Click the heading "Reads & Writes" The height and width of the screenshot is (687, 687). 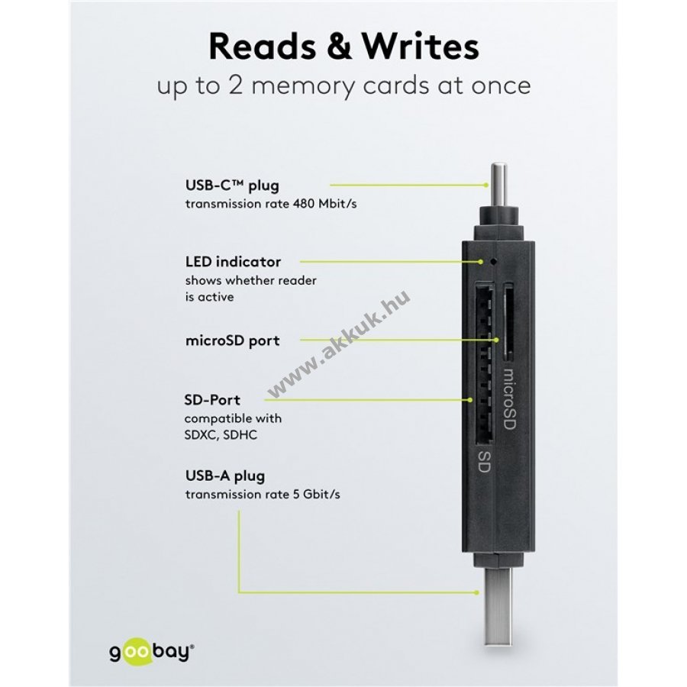[x=344, y=47]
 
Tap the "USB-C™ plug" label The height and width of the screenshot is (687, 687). [x=232, y=185]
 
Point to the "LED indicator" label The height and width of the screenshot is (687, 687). [x=233, y=262]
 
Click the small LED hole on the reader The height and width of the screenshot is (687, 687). [x=494, y=262]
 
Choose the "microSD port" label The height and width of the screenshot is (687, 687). [x=233, y=341]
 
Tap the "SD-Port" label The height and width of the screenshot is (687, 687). [x=212, y=399]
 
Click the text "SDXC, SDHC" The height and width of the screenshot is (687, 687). [x=221, y=435]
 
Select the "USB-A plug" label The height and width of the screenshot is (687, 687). [x=225, y=476]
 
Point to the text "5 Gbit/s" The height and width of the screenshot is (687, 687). [x=316, y=494]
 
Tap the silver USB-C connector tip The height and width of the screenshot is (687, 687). [x=498, y=184]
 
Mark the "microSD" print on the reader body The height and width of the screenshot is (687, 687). [x=508, y=398]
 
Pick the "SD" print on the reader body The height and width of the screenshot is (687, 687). [x=483, y=461]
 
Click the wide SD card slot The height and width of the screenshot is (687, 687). [x=484, y=362]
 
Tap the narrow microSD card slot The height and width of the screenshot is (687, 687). [x=508, y=321]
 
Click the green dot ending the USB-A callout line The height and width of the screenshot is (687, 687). [x=477, y=592]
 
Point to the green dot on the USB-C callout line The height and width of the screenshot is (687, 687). [x=486, y=185]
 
